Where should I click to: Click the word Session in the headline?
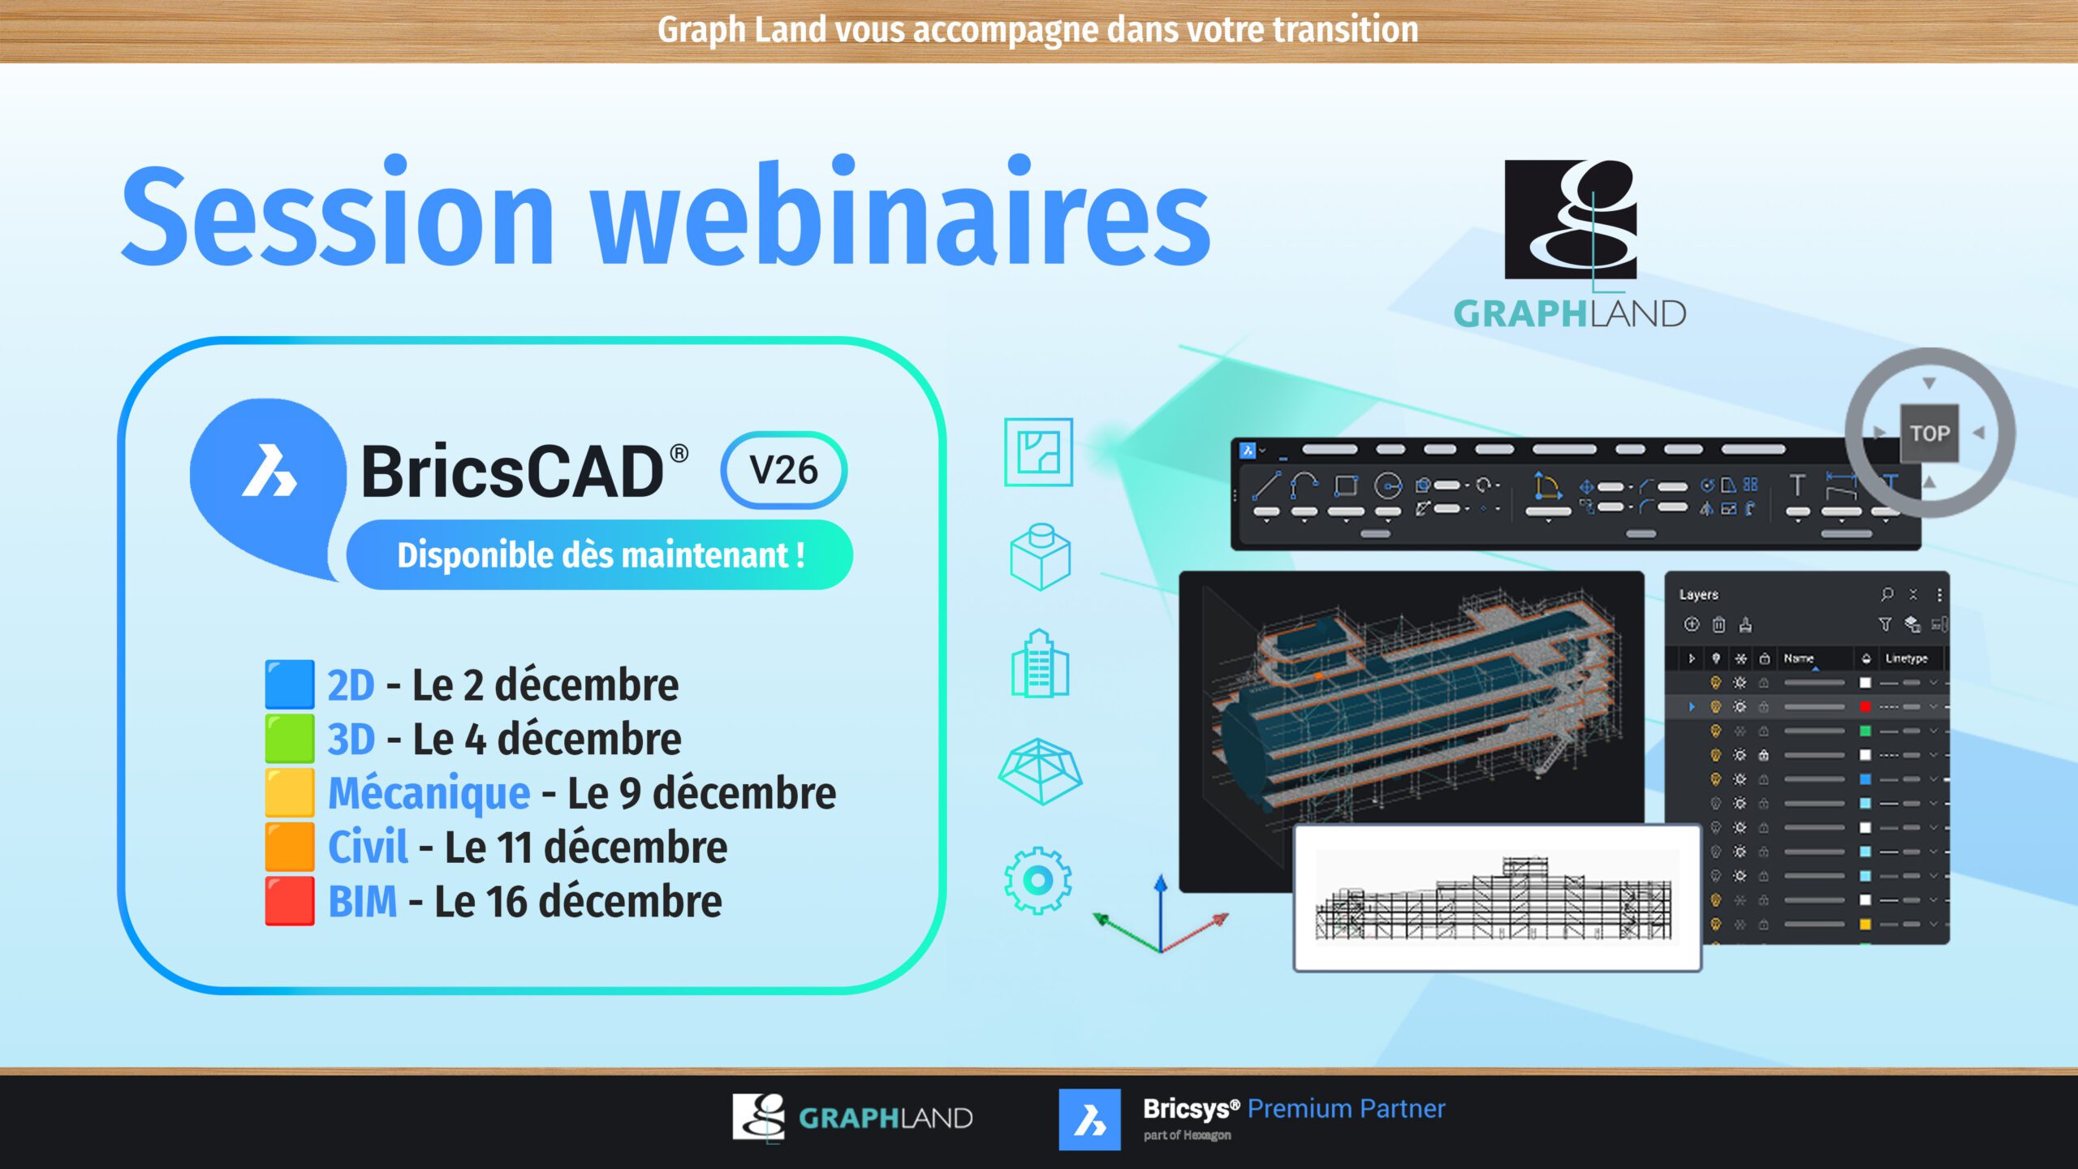pyautogui.click(x=337, y=215)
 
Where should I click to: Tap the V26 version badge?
pyautogui.click(x=783, y=470)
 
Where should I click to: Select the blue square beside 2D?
pyautogui.click(x=290, y=684)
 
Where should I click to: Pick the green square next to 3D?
pyautogui.click(x=290, y=738)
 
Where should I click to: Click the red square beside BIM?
pyautogui.click(x=290, y=900)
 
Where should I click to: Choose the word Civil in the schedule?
pyautogui.click(x=368, y=847)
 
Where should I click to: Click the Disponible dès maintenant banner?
pyautogui.click(x=600, y=555)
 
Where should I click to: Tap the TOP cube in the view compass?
pyautogui.click(x=1929, y=433)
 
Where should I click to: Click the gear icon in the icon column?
pyautogui.click(x=1038, y=881)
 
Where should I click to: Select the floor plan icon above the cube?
pyautogui.click(x=1038, y=452)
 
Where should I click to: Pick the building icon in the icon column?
pyautogui.click(x=1040, y=664)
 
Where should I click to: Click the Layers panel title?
pyautogui.click(x=1699, y=594)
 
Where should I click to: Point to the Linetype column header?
pyautogui.click(x=1906, y=658)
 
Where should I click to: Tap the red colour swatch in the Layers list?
pyautogui.click(x=1865, y=706)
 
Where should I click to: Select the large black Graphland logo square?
pyautogui.click(x=1571, y=219)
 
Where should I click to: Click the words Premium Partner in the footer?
pyautogui.click(x=1346, y=1109)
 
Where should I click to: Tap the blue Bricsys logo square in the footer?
pyautogui.click(x=1089, y=1119)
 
